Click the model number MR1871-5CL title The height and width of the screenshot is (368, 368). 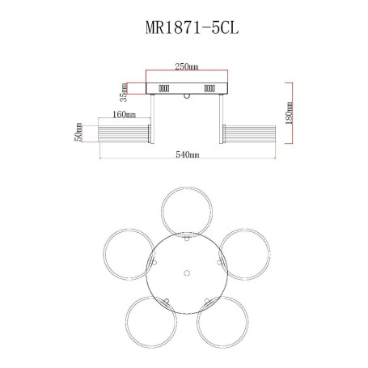[192, 27]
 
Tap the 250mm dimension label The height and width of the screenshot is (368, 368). [187, 66]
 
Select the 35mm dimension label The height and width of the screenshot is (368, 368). [124, 92]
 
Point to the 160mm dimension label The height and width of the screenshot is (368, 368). [124, 115]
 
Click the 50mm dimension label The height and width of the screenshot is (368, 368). [78, 132]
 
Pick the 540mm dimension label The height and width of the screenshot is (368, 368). [188, 154]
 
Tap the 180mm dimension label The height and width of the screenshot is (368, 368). [289, 112]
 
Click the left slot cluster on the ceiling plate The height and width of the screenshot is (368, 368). [163, 88]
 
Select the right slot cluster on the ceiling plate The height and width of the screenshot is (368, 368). [209, 88]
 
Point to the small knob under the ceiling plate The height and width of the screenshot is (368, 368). [187, 96]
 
